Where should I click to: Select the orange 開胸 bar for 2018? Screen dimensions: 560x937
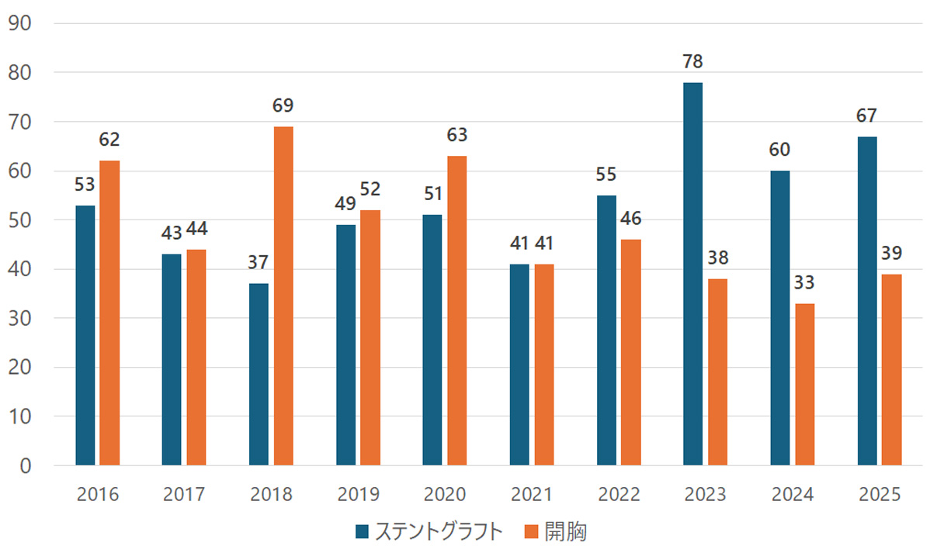point(283,296)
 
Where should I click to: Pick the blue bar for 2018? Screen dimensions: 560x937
point(259,374)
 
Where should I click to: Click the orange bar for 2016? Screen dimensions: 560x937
point(109,313)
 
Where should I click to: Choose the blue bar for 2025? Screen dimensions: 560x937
point(867,301)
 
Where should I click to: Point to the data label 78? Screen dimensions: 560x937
point(692,62)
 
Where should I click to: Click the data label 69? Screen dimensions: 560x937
point(283,106)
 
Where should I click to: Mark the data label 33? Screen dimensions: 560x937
point(805,283)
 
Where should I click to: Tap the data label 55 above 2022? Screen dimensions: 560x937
point(606,175)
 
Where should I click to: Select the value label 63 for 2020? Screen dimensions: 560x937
point(457,136)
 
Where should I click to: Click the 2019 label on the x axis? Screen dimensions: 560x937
point(359,495)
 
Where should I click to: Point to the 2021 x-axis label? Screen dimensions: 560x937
point(532,495)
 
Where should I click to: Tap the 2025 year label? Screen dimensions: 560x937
point(880,495)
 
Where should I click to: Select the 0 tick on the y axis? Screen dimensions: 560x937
point(26,465)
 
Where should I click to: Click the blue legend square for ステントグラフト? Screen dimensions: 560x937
point(363,532)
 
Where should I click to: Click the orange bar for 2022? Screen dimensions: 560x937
point(631,352)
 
